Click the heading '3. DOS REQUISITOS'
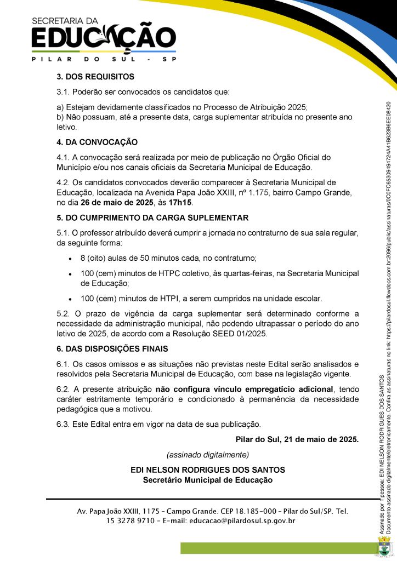coord(95,77)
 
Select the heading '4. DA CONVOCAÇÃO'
coord(97,142)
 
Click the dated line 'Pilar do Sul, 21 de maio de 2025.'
coord(297,439)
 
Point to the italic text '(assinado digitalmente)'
coord(208,455)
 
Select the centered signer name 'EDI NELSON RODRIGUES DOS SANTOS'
coord(208,470)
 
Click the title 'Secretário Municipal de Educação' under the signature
coord(208,480)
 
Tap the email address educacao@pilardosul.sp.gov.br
coord(242,521)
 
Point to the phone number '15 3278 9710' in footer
coord(131,521)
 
